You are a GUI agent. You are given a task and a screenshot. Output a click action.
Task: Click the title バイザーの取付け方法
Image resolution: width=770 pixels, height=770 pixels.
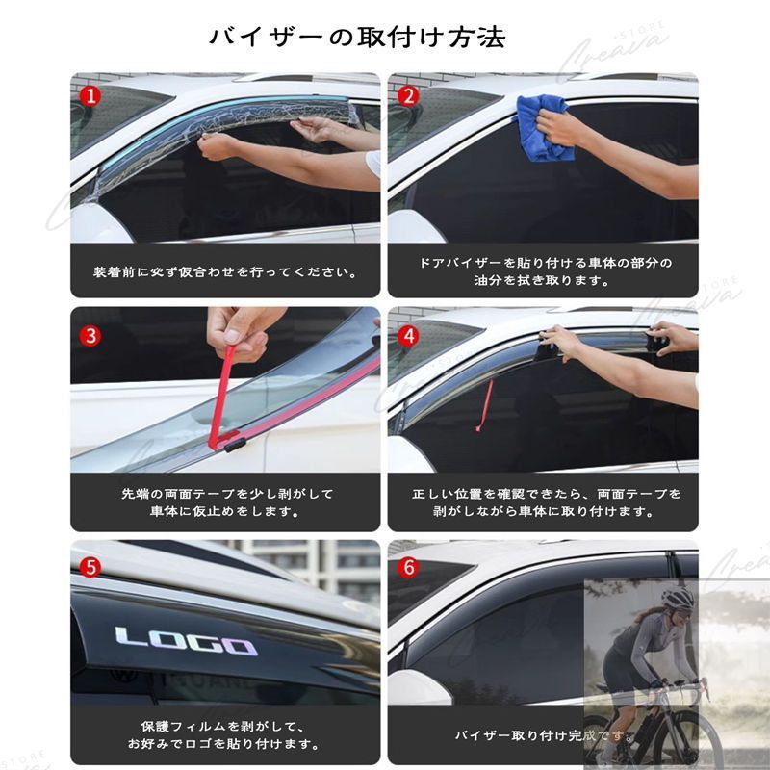357,38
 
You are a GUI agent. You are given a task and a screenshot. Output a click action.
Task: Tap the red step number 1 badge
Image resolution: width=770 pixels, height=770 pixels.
90,95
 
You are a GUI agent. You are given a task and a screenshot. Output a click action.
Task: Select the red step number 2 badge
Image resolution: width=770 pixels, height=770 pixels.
408,95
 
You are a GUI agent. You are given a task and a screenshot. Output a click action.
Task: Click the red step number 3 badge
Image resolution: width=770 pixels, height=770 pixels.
90,335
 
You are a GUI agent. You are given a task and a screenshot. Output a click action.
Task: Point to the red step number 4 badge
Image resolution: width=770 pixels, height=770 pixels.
408,335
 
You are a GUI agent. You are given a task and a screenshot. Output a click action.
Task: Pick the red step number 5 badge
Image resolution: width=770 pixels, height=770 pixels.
90,567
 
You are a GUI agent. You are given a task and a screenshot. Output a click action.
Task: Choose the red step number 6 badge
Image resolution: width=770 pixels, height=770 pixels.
408,567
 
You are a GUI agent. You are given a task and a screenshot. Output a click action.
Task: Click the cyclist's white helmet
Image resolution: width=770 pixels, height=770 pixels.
679,599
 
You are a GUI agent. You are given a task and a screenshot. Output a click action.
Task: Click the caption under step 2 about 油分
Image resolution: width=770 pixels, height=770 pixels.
544,271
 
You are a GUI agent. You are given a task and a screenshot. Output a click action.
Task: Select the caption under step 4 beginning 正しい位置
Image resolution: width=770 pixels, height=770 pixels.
544,502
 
